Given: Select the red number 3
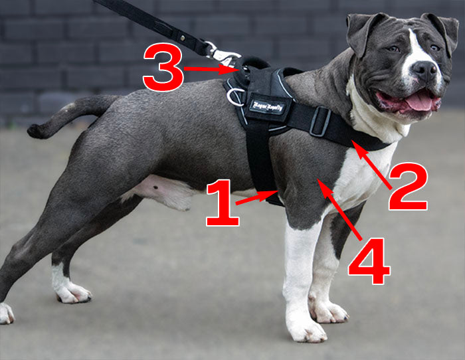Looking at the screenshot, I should [162, 67].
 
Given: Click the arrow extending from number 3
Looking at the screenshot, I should [209, 68].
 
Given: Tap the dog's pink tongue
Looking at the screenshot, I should [420, 101].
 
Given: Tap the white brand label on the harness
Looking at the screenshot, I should [266, 105].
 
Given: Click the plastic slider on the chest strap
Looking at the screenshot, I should [320, 122].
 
